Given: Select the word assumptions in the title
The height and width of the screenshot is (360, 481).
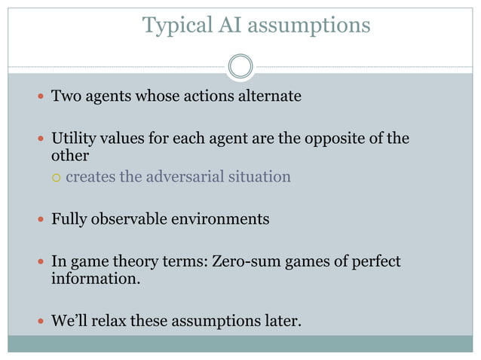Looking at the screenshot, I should pos(309,26).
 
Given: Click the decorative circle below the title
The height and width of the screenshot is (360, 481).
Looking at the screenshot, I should pos(240,66).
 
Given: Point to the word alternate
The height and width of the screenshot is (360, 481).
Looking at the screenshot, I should pos(270,96).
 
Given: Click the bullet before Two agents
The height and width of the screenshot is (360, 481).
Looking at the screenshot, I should pos(40,97).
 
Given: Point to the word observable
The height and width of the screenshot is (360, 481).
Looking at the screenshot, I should pos(126,219).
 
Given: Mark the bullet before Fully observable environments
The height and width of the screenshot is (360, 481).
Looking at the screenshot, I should pos(40,220).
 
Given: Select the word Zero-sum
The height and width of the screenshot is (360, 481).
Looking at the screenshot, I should pos(247,262).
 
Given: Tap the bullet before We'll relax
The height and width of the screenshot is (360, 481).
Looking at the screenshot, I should pos(40,322).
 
